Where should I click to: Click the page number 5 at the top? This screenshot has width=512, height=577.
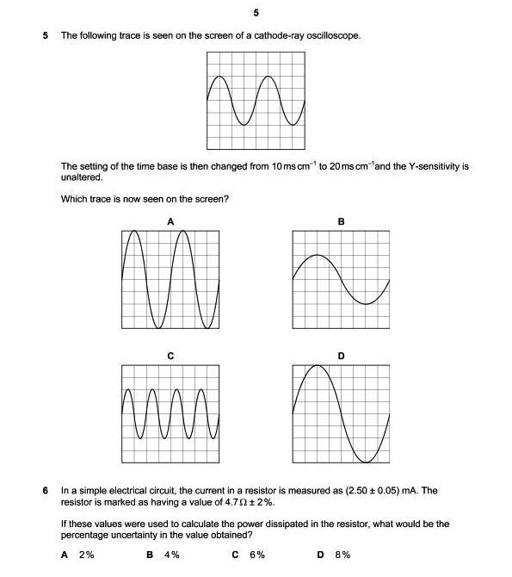[x=256, y=13]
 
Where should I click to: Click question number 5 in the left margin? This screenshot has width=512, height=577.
[x=46, y=35]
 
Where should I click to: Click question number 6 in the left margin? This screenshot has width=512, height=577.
[x=46, y=491]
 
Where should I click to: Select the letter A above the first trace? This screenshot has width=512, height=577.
[x=170, y=221]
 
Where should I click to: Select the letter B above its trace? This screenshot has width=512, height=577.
[x=341, y=221]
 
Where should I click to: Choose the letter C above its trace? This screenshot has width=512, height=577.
[x=170, y=355]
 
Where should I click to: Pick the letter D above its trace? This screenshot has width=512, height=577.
[x=341, y=355]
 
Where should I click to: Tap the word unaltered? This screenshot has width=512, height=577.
[x=82, y=177]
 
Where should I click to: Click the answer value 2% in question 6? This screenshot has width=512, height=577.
[x=86, y=555]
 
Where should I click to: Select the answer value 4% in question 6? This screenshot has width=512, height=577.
[x=171, y=555]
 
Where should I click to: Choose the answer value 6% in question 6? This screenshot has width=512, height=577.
[x=256, y=555]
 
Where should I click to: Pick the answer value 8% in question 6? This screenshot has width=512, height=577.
[x=342, y=555]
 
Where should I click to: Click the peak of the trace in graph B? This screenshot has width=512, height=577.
[x=318, y=255]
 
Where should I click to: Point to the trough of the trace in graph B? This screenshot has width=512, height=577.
[x=367, y=304]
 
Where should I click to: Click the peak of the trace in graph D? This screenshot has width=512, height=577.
[x=318, y=365]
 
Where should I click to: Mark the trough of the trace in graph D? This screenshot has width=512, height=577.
[x=367, y=462]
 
